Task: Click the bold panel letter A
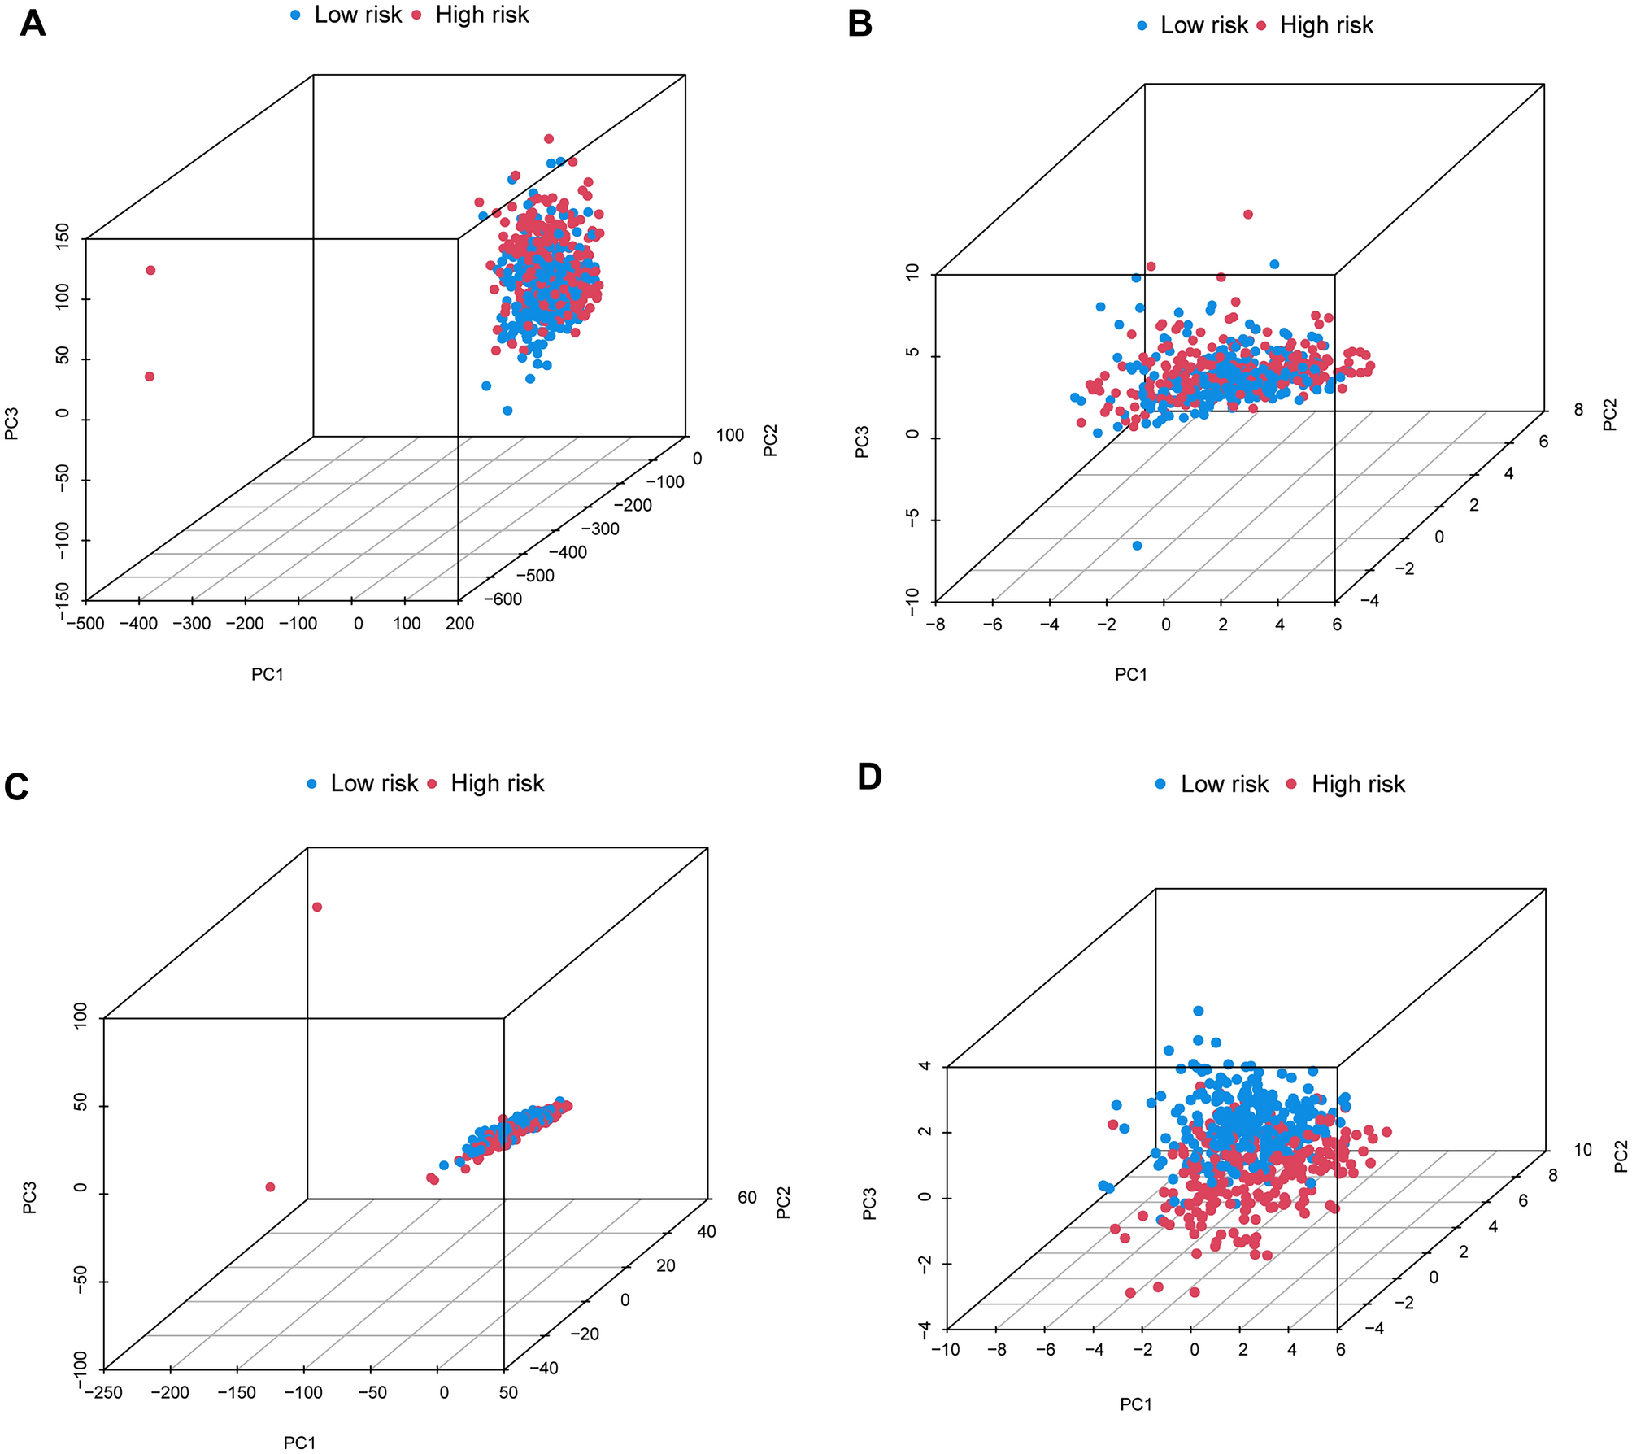[33, 24]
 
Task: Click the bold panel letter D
[869, 777]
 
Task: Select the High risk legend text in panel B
[1325, 26]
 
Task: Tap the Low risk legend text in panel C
[373, 783]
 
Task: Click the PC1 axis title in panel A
[268, 674]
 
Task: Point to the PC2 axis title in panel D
[1621, 1156]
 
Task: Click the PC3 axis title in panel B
[862, 442]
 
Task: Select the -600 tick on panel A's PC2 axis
[503, 599]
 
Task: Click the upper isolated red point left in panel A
[150, 270]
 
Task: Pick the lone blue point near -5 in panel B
[1137, 546]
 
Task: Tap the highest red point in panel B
[1248, 215]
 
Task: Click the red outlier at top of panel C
[317, 907]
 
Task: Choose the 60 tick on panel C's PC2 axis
[747, 1197]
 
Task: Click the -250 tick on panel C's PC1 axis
[103, 1393]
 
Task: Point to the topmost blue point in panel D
[1198, 1011]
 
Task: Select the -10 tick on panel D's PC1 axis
[945, 1350]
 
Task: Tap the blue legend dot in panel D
[1160, 784]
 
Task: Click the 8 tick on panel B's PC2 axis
[1578, 410]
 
